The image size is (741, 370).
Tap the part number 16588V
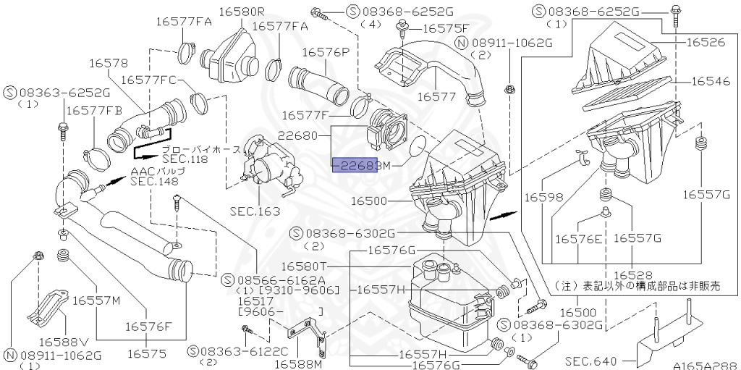(63, 341)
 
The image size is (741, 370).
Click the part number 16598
(543, 197)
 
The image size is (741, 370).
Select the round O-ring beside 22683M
(415, 149)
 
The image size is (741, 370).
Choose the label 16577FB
(94, 110)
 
